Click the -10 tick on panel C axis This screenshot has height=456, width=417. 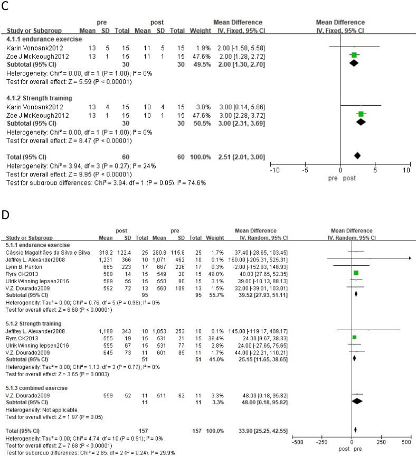273,170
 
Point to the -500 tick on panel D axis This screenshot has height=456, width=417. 297,441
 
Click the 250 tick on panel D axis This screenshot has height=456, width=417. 379,441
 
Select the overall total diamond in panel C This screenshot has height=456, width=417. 357,155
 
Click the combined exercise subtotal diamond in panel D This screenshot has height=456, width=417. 357,401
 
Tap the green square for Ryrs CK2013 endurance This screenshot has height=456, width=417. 356,273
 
